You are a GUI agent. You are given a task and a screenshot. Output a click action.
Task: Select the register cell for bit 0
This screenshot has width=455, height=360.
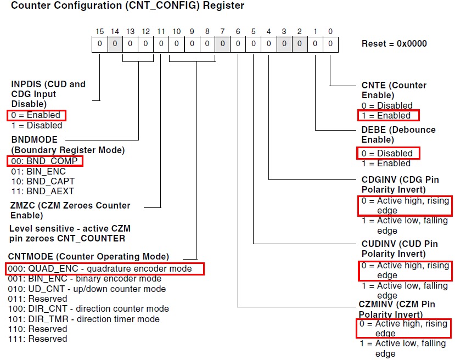coord(330,44)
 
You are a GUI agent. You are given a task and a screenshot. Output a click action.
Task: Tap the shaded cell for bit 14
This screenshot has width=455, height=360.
coord(114,44)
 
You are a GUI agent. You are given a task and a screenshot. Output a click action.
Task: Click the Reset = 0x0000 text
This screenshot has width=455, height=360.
coord(394,43)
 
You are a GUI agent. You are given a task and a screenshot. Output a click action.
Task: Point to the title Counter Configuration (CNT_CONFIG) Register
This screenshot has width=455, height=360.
coord(127,6)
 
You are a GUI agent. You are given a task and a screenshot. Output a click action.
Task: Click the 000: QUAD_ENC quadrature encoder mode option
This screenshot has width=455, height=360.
coord(104,268)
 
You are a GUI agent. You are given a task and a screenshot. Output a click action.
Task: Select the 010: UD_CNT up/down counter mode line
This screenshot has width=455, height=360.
coord(87,289)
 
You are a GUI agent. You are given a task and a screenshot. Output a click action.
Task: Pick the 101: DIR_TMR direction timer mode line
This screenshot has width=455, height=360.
coord(84,319)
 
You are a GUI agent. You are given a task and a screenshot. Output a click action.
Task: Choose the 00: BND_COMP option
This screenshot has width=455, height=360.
coord(44,161)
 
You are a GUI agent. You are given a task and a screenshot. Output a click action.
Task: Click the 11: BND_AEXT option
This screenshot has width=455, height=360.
coord(42,191)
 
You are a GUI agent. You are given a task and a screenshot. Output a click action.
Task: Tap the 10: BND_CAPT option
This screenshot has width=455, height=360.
coord(43,181)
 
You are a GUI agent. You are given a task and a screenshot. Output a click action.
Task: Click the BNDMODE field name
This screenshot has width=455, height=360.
coord(34,140)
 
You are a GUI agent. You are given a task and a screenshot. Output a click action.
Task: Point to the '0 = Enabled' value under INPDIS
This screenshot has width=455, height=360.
coord(36,115)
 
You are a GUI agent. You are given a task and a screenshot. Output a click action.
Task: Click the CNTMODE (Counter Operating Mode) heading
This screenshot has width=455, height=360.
coord(88,256)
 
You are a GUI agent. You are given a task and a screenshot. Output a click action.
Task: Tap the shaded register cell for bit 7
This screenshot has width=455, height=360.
coord(222,44)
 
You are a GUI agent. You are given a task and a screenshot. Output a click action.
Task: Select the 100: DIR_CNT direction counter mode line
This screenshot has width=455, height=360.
coord(88,308)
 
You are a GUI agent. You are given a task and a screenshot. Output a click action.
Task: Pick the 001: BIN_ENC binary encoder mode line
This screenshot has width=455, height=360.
coord(85,279)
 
